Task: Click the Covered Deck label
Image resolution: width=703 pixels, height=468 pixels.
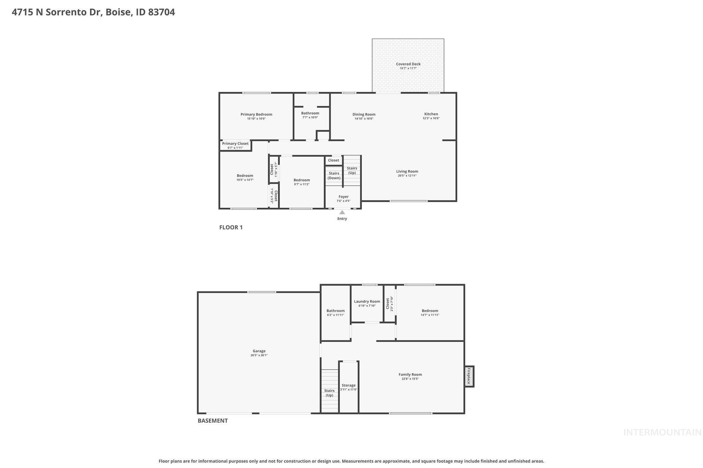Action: click(x=408, y=64)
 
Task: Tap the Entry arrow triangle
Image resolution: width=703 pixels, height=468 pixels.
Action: click(x=342, y=213)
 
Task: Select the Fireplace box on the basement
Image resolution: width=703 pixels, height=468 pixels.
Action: click(x=469, y=376)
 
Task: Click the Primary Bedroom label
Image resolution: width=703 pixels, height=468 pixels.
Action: click(x=256, y=115)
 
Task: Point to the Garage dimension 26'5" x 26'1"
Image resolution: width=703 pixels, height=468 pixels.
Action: click(x=259, y=355)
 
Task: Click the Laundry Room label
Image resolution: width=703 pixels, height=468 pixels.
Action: click(x=367, y=301)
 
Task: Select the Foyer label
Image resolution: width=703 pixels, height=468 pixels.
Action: click(x=343, y=197)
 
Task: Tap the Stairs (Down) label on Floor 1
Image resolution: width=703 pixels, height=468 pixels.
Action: click(x=334, y=176)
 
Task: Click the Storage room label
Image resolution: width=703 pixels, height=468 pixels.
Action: click(x=348, y=385)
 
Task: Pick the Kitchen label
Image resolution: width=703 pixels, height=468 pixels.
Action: click(x=431, y=114)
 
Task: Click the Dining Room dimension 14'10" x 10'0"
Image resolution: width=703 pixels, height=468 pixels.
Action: click(x=364, y=119)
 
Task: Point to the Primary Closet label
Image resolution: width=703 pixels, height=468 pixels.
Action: click(x=235, y=144)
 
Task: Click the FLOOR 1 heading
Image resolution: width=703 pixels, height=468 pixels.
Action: click(x=231, y=227)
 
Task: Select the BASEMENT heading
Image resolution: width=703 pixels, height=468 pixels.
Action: click(x=212, y=421)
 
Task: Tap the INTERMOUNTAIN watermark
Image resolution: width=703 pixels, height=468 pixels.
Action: click(x=662, y=432)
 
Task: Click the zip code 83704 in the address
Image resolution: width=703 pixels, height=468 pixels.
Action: click(x=161, y=12)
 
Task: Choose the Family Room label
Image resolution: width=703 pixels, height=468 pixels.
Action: click(x=410, y=374)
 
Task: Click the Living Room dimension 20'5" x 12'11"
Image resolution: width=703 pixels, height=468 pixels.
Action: click(x=407, y=176)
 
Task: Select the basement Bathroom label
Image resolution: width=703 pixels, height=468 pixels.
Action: click(x=335, y=311)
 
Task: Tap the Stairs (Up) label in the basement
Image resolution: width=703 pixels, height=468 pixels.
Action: click(x=329, y=393)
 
